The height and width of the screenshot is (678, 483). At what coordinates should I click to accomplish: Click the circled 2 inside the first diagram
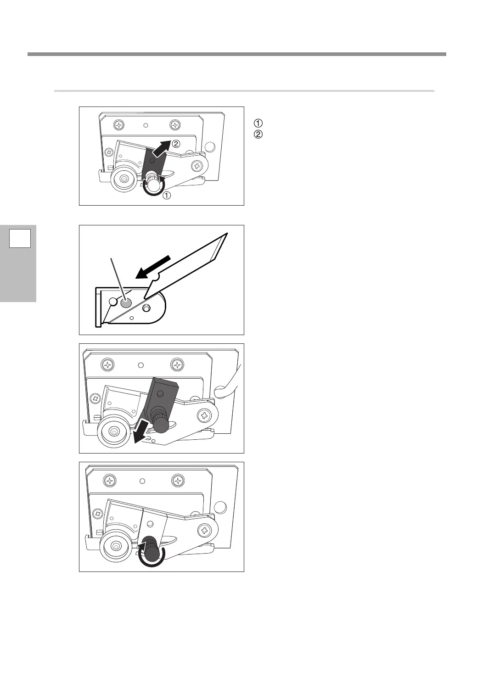tap(176, 143)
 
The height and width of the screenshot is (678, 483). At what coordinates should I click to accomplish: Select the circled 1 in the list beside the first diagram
tap(258, 123)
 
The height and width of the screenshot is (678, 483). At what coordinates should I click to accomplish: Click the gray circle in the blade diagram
tap(126, 303)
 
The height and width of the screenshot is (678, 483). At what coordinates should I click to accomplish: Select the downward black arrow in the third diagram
tap(140, 432)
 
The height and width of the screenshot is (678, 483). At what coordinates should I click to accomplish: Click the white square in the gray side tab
tap(20, 238)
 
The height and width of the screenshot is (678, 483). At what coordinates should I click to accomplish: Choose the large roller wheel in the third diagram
tap(113, 431)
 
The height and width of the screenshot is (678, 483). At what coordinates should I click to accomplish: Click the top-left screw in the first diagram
tap(119, 124)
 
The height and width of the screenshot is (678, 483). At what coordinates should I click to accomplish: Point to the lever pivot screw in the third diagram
tap(204, 416)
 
